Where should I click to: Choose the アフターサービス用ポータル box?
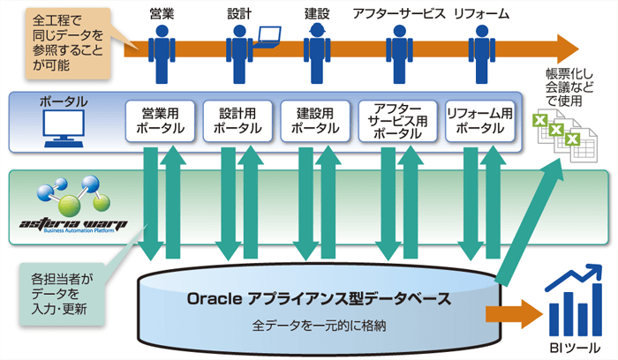click(397, 121)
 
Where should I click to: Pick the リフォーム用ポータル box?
click(480, 121)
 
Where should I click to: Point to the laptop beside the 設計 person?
click(268, 37)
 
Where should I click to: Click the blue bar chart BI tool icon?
click(574, 300)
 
